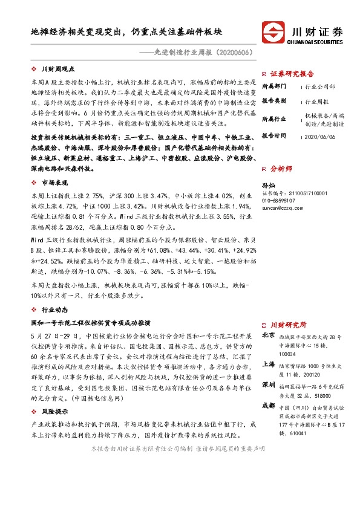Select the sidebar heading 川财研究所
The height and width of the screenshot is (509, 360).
coord(287,325)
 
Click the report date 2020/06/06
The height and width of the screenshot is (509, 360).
coord(319,137)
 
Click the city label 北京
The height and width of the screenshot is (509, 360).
coord(267,335)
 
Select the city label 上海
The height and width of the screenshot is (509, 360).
coord(267,365)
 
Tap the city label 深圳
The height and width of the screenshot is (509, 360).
coord(267,385)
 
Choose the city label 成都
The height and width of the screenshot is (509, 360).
coord(267,405)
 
